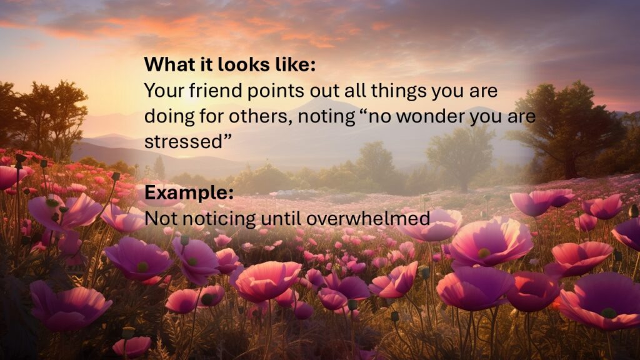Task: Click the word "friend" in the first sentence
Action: click(x=216, y=90)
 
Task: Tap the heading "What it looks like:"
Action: click(x=230, y=64)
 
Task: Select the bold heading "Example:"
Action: click(x=189, y=192)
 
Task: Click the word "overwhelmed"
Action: click(x=367, y=218)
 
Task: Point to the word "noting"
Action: click(x=326, y=117)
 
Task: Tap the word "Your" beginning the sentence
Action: click(x=164, y=90)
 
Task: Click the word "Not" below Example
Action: click(x=161, y=218)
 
